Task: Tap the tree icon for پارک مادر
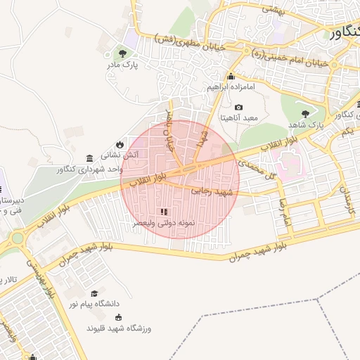pos(124,53)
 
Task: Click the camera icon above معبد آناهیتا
pos(239,108)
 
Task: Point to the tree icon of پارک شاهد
pos(304,113)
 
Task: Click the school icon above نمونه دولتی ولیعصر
pos(165,211)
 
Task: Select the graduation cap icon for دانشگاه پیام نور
pos(94,293)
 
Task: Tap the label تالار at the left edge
pos(10,281)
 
